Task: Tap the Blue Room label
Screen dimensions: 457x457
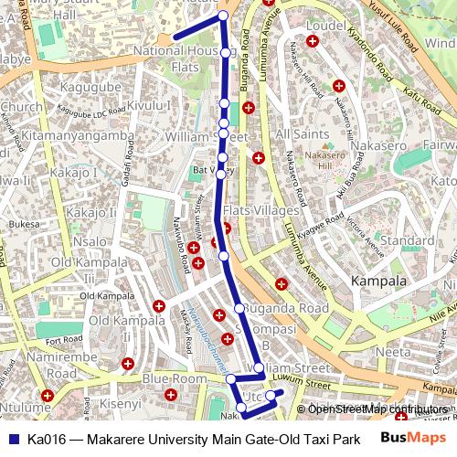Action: (175, 378)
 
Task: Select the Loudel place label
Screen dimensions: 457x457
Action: (324, 27)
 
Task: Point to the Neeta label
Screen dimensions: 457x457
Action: (394, 350)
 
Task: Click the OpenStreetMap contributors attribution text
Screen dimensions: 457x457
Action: (375, 409)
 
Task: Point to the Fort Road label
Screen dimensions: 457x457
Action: (65, 340)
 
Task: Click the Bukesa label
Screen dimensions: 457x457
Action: (25, 223)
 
